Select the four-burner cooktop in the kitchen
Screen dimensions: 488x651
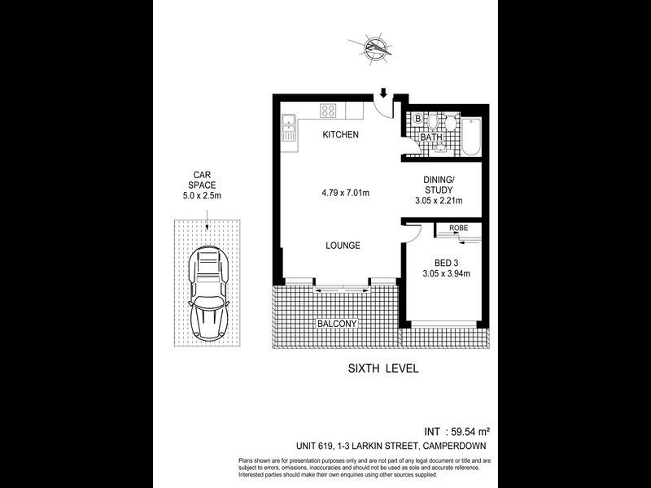[x=329, y=111]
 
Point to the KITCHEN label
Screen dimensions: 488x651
[x=340, y=135]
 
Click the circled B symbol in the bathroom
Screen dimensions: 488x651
[x=417, y=120]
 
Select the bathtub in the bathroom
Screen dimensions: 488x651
[x=472, y=136]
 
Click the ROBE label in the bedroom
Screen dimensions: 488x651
[x=459, y=229]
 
